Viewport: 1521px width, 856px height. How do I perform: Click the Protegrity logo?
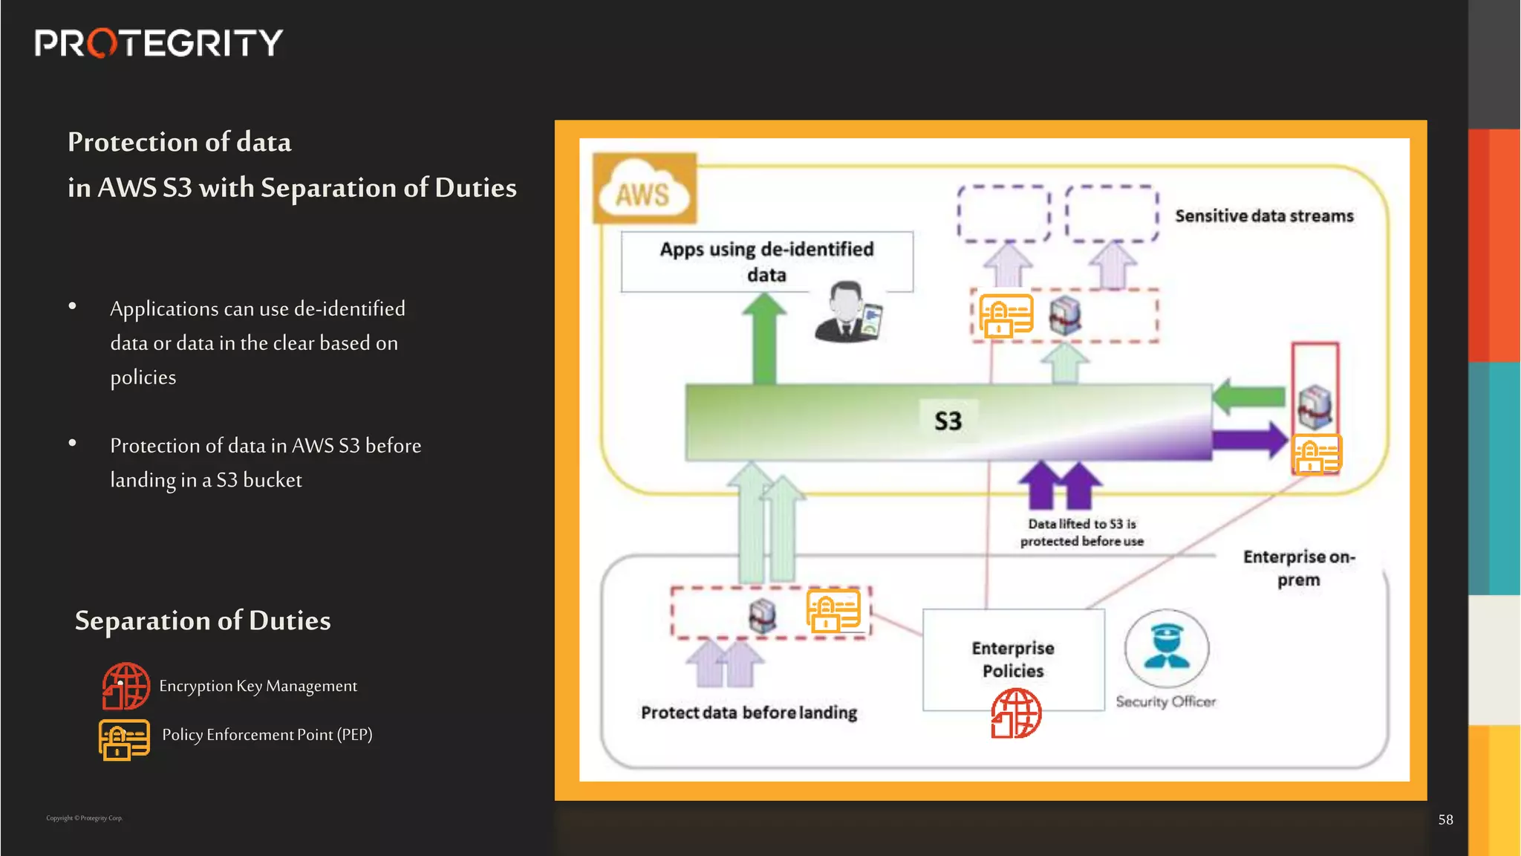pos(158,43)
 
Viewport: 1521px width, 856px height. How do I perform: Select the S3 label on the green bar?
pos(948,421)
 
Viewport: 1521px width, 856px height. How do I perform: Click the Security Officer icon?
pos(1166,649)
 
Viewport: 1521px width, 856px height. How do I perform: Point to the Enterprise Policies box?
pos(1013,658)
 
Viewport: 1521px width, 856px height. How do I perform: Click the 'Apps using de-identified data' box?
pos(766,261)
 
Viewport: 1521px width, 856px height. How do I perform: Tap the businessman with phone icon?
pos(848,313)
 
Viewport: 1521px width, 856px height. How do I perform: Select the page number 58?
pos(1445,820)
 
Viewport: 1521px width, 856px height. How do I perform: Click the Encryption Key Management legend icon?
pos(126,686)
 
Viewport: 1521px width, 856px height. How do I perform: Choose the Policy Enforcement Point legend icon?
pos(124,739)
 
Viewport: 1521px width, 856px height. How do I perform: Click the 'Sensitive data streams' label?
pos(1264,216)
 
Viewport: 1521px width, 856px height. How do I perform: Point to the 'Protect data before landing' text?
pos(749,713)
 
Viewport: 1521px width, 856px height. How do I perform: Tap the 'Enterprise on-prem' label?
pos(1299,568)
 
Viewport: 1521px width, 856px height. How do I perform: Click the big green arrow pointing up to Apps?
pos(764,338)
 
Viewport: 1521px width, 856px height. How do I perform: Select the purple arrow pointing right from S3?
pos(1251,440)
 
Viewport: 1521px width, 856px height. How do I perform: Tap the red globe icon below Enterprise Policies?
pos(1016,713)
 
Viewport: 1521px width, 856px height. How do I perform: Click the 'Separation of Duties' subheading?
pos(203,620)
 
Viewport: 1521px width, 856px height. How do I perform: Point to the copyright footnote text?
pos(85,818)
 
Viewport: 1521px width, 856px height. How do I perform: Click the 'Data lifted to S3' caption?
pos(1081,533)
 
